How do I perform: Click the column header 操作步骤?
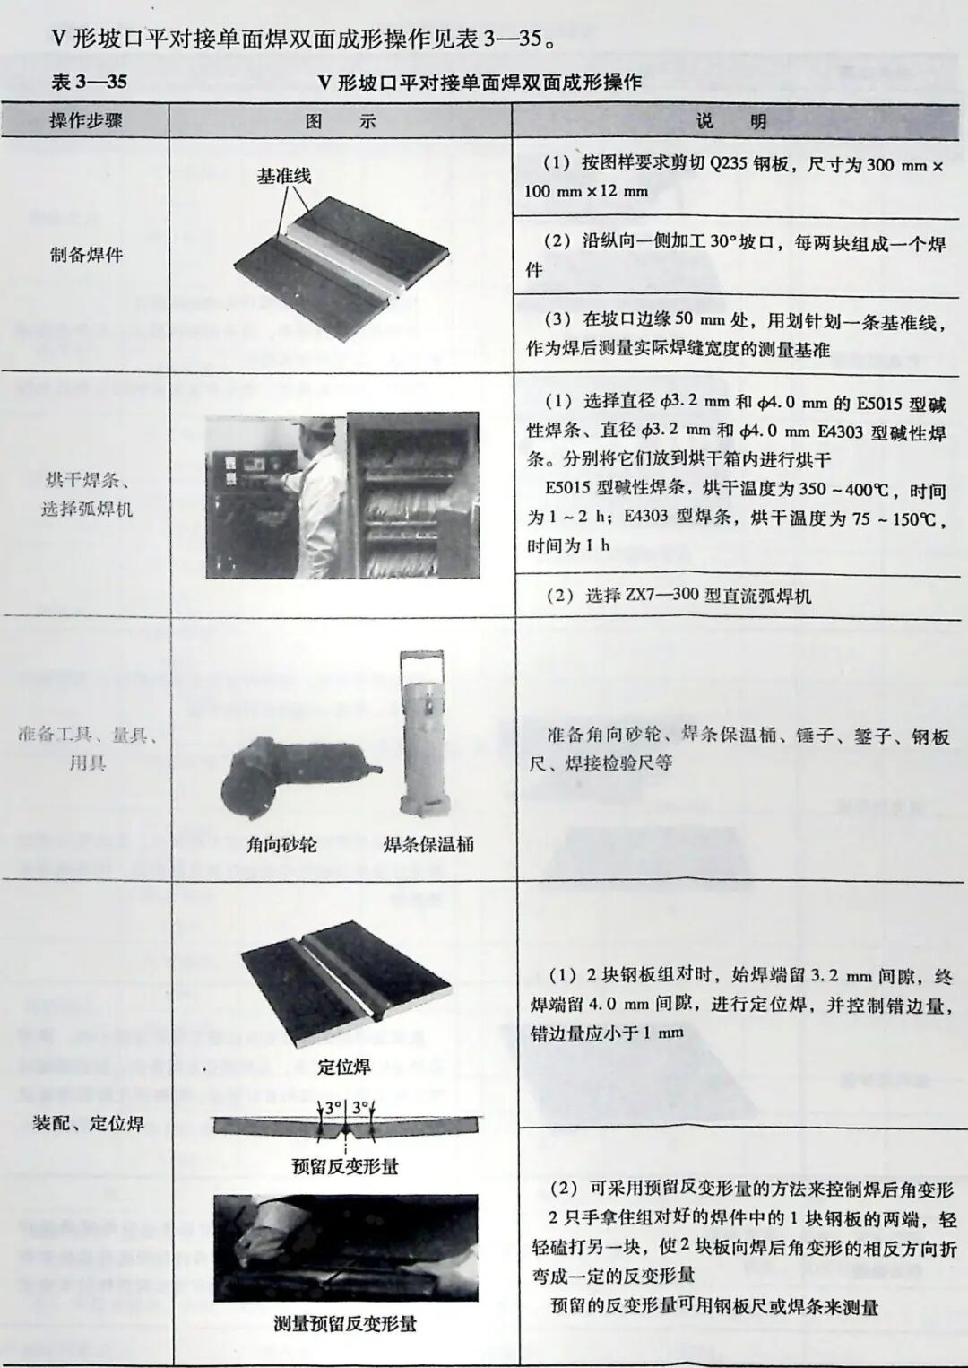(85, 121)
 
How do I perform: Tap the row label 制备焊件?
(86, 255)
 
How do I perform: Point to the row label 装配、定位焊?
(88, 1123)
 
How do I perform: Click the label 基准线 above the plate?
(284, 177)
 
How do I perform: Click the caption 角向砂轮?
(281, 844)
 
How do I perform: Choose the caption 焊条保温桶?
(428, 844)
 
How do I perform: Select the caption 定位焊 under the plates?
(344, 1067)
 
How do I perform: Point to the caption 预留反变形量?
(345, 1166)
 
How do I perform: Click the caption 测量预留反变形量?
(345, 1323)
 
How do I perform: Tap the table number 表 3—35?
(90, 83)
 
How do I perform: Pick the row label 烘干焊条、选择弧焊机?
(87, 494)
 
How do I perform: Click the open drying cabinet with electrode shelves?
(412, 496)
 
